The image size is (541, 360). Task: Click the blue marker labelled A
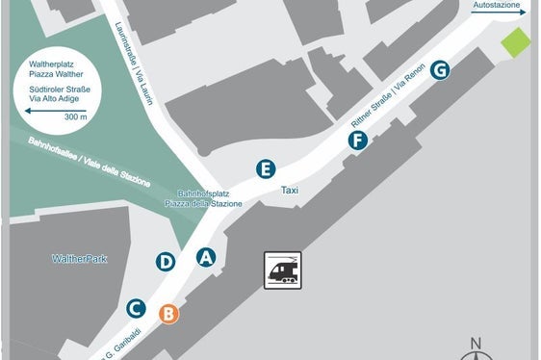(x=205, y=257)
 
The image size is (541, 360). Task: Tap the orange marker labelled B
(x=167, y=313)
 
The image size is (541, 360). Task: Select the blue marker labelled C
(x=136, y=308)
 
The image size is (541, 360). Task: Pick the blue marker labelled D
(x=166, y=261)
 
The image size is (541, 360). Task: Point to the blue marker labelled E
(x=266, y=169)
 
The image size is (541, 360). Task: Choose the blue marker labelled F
(x=357, y=141)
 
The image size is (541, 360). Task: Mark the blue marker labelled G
(x=439, y=70)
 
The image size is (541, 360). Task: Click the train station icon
(x=283, y=270)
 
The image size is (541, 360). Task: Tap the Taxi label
(x=290, y=191)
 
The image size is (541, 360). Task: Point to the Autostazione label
(x=497, y=5)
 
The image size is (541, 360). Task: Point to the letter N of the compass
(x=475, y=344)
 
